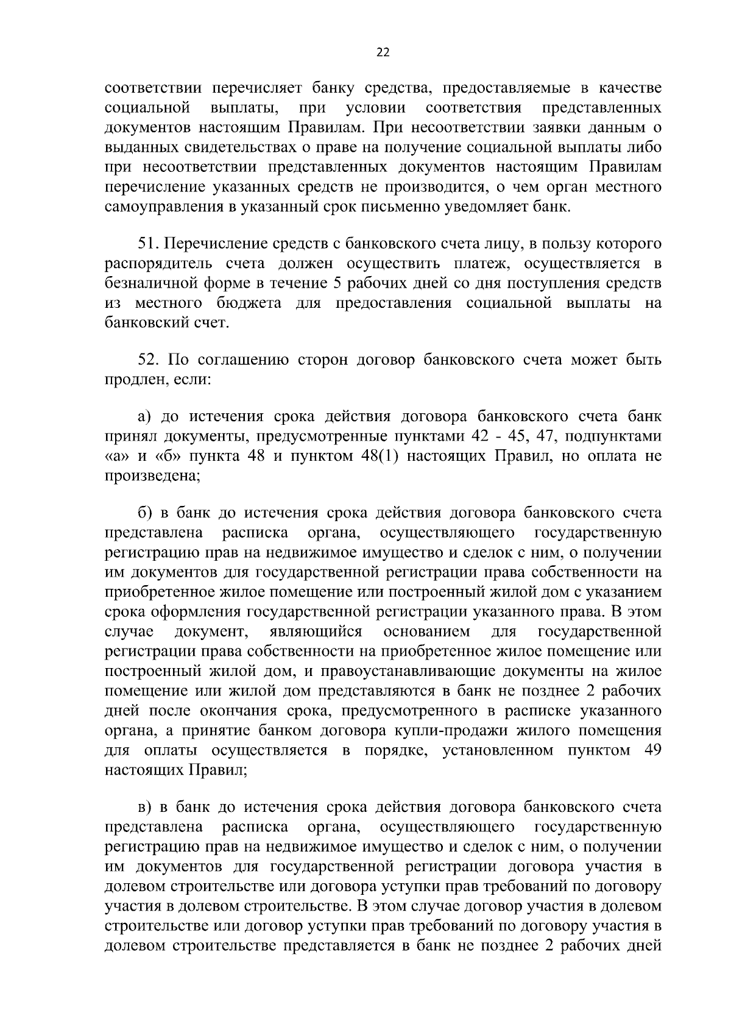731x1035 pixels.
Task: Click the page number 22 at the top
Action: click(383, 52)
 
